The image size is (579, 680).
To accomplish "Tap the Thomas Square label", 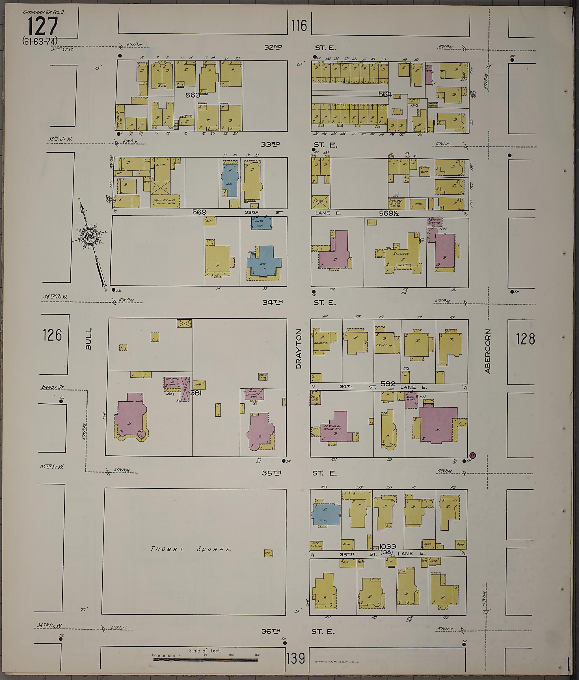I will click(191, 549).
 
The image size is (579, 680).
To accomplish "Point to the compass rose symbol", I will click(88, 236).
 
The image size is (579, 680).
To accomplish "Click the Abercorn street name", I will click(487, 351).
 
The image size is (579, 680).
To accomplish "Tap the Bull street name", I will click(88, 339).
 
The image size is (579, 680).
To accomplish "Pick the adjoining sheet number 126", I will click(52, 335).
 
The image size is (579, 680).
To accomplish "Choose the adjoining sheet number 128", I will click(525, 339).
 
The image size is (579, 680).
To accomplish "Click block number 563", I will click(193, 95).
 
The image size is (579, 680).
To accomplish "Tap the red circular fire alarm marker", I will click(473, 455).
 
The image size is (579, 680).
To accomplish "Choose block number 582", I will click(388, 384).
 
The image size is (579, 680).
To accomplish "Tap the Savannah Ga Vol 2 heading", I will click(44, 12).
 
